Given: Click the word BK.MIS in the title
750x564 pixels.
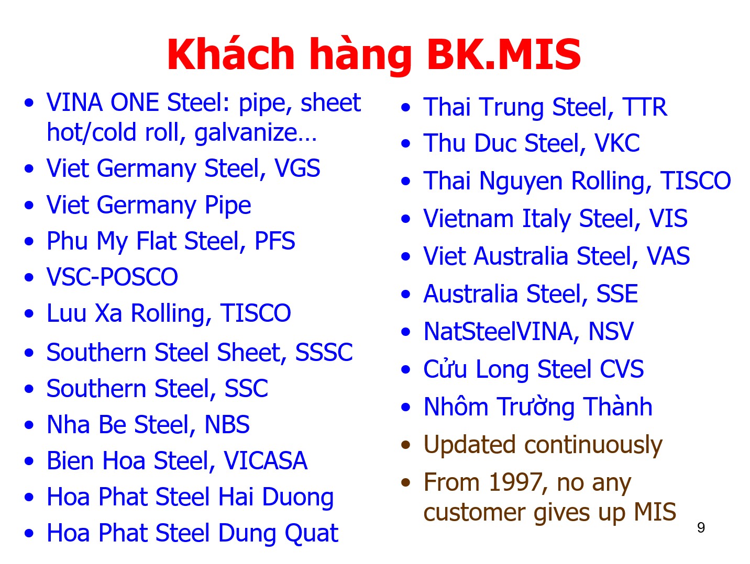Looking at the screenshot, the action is tap(503, 54).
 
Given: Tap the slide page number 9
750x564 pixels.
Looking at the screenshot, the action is tap(701, 527).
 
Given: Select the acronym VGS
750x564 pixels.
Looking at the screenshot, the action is tap(297, 168).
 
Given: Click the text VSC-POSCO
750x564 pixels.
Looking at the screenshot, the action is tap(113, 277).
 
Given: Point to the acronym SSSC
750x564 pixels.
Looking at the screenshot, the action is tap(324, 352).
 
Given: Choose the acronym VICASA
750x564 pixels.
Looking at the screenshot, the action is tap(266, 460).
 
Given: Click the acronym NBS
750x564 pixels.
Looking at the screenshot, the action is tap(227, 424).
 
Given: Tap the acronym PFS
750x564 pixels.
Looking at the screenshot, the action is tap(275, 241).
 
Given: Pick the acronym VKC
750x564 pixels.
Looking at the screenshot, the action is tap(617, 143).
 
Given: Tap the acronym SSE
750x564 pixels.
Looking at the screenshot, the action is tap(617, 294).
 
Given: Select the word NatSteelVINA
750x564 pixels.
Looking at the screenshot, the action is tap(498, 331).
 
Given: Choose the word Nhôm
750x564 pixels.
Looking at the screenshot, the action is tap(456, 406).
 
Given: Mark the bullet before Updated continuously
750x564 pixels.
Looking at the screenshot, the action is tap(405, 445).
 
